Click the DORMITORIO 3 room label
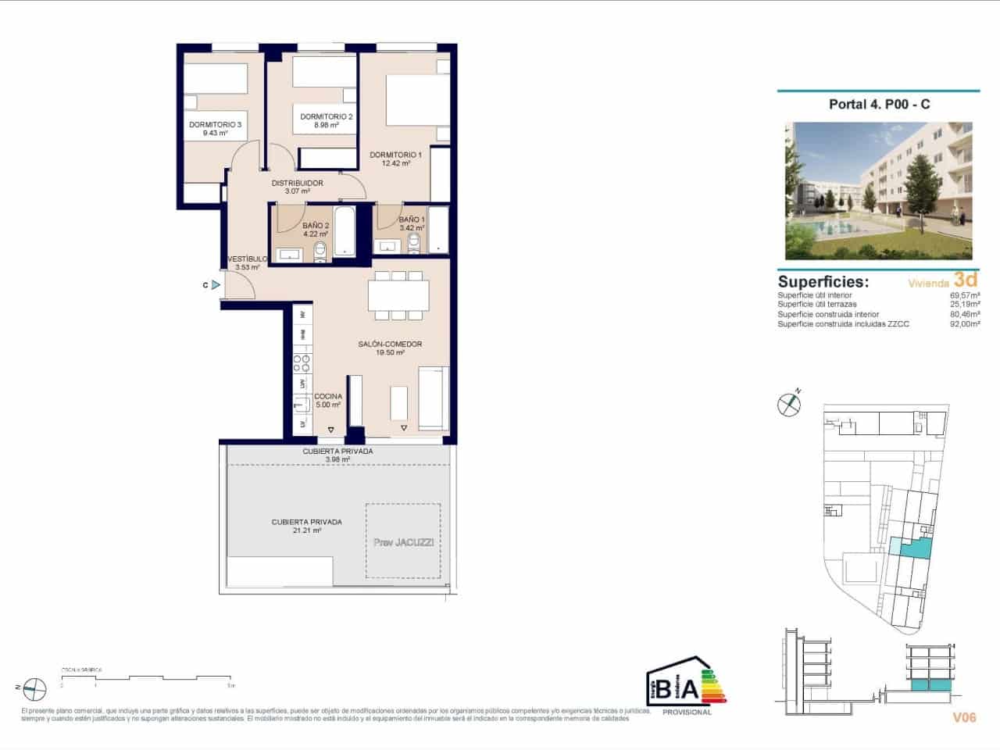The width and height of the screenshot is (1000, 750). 215,124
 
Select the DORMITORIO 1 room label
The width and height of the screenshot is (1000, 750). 395,155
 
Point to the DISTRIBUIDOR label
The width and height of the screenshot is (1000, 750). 297,184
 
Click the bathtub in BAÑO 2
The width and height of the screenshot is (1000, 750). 345,231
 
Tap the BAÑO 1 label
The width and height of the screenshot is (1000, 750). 412,220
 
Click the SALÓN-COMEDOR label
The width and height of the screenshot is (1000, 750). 390,345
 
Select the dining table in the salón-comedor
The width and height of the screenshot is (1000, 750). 398,295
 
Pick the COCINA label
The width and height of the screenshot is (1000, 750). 328,396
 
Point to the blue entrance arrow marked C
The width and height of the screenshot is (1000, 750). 216,285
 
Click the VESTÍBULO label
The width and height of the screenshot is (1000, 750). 247,259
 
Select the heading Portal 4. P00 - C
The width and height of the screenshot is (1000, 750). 879,104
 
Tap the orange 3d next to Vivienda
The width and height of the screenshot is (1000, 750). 966,280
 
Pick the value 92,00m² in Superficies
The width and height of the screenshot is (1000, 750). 964,323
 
